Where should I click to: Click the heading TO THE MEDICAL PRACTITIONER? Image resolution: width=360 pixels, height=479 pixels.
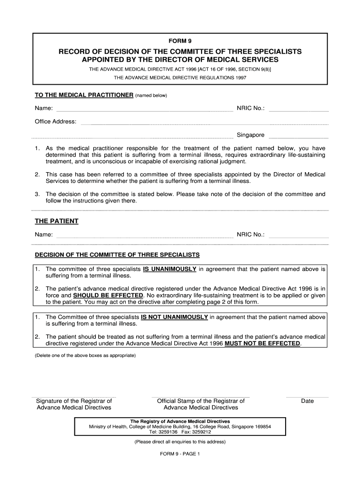(x=84, y=95)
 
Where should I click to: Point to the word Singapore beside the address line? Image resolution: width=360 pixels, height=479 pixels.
(x=251, y=135)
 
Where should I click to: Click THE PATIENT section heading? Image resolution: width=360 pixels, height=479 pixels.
(x=57, y=221)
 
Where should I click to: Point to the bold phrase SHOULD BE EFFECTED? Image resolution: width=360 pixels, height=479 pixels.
(x=108, y=296)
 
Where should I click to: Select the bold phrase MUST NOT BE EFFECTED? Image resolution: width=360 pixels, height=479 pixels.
(x=262, y=343)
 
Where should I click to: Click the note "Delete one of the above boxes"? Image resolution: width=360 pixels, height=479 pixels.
(x=86, y=356)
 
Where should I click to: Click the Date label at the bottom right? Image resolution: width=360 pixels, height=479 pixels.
(x=308, y=401)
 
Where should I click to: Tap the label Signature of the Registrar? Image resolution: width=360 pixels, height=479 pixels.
(x=74, y=401)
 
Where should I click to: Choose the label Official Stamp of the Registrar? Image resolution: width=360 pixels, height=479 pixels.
(x=201, y=401)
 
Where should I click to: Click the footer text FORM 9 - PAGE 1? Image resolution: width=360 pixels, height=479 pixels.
(x=180, y=454)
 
